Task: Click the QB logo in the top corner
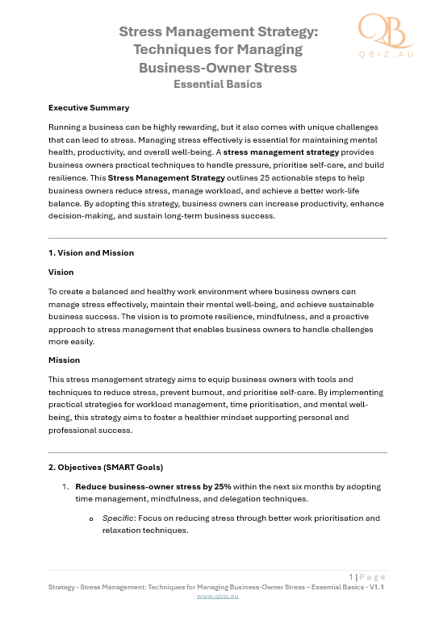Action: (x=384, y=31)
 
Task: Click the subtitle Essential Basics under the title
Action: (x=218, y=84)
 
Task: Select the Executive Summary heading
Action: (x=89, y=107)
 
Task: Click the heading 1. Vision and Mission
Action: (x=91, y=252)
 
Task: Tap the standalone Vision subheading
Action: (x=61, y=273)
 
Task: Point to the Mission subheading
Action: (x=64, y=360)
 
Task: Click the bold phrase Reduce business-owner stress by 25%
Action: (x=153, y=487)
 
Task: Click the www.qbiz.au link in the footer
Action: (x=217, y=596)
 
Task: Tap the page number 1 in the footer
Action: (x=351, y=576)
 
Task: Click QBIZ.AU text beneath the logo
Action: (x=385, y=54)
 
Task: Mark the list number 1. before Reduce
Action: (x=65, y=487)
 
